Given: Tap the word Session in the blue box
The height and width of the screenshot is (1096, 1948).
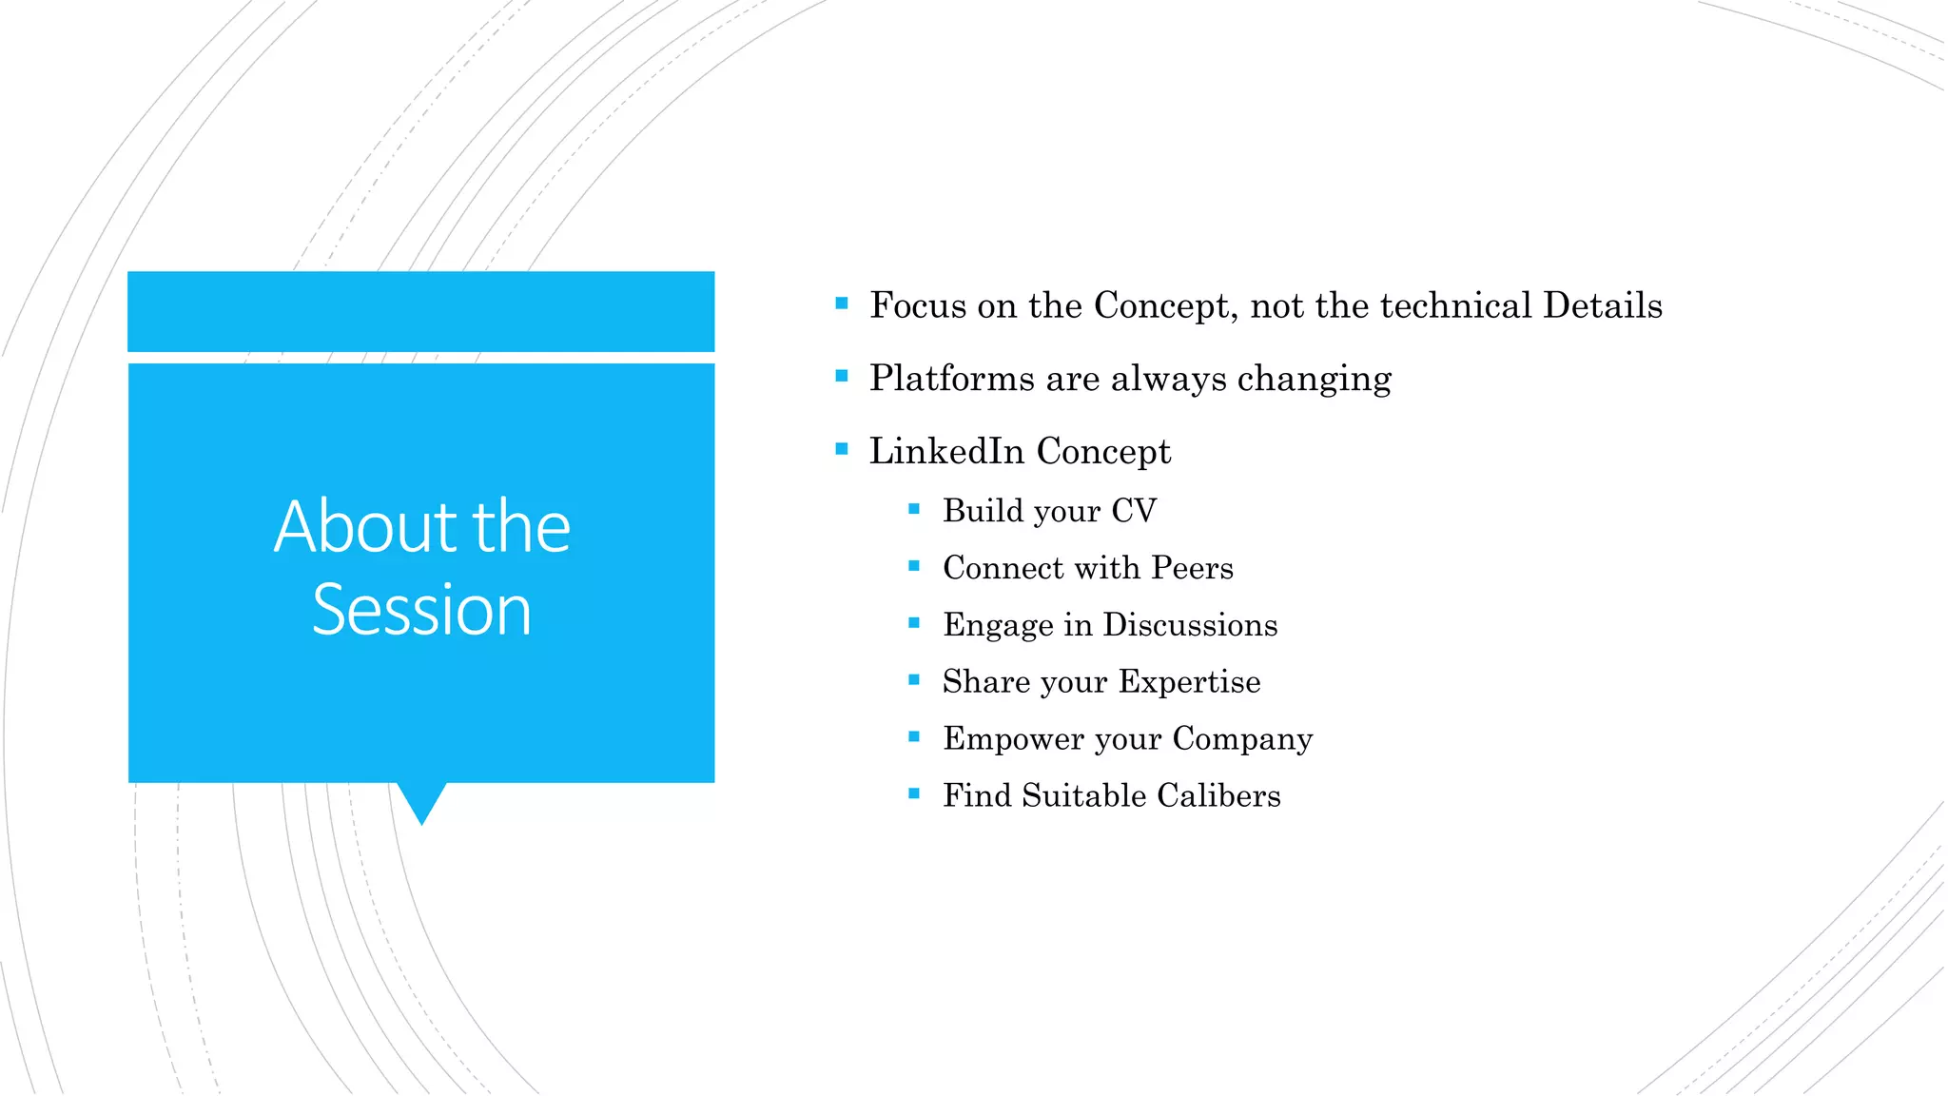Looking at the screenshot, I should pyautogui.click(x=421, y=610).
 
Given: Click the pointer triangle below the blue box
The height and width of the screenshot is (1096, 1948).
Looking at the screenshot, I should pyautogui.click(x=421, y=801).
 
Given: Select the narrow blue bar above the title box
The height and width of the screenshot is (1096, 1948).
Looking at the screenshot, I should pyautogui.click(x=420, y=311).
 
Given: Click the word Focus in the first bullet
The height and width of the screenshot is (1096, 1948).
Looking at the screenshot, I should pyautogui.click(x=918, y=305).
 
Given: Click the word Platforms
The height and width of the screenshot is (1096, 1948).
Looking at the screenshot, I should pyautogui.click(x=951, y=379).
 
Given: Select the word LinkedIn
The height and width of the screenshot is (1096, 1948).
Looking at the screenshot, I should pyautogui.click(x=946, y=451).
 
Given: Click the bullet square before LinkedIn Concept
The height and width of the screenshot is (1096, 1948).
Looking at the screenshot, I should pyautogui.click(x=841, y=448).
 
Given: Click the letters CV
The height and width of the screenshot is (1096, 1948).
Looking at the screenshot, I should pyautogui.click(x=1134, y=511).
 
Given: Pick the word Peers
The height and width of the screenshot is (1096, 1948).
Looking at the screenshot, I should pyautogui.click(x=1192, y=568).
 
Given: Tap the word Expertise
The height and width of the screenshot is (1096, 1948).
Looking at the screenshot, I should pyautogui.click(x=1189, y=682).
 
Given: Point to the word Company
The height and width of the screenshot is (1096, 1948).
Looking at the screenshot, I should pyautogui.click(x=1242, y=739).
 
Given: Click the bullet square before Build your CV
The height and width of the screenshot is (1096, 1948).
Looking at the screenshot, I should pyautogui.click(x=914, y=509).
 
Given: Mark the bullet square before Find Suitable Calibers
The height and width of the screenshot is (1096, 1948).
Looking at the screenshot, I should pyautogui.click(x=914, y=793).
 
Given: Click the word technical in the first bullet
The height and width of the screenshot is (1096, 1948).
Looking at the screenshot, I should pyautogui.click(x=1455, y=305).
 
